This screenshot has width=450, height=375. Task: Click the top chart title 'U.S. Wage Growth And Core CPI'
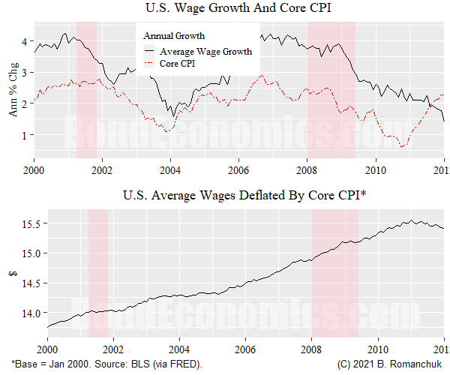pyautogui.click(x=238, y=9)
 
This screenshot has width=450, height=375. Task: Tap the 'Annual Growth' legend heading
pyautogui.click(x=174, y=36)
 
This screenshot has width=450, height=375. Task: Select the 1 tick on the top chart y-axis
pyautogui.click(x=25, y=135)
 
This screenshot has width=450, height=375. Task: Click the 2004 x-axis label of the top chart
pyautogui.click(x=170, y=169)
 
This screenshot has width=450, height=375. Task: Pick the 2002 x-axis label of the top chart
pyautogui.click(x=102, y=169)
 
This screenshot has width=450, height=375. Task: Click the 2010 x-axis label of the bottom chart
pyautogui.click(x=378, y=349)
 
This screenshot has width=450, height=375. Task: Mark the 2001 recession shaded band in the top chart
pyautogui.click(x=87, y=90)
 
